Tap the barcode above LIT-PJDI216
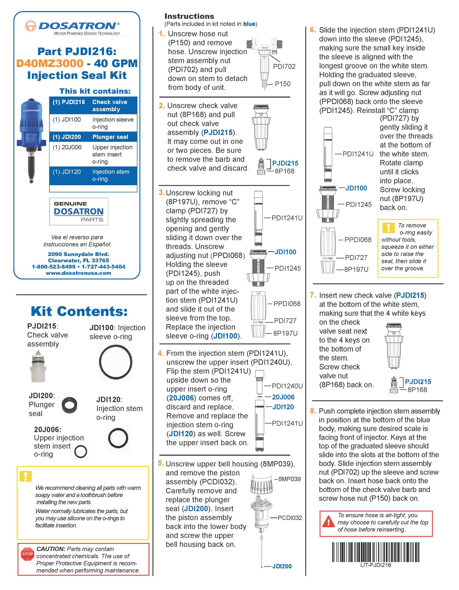click(376, 552)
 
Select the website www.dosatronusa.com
click(78, 273)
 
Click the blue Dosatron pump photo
click(32, 141)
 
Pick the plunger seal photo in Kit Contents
click(69, 405)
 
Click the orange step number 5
click(161, 463)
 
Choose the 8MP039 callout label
click(289, 479)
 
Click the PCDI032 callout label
click(290, 518)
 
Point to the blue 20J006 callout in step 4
click(283, 397)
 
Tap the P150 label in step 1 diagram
click(282, 84)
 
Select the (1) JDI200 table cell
click(67, 137)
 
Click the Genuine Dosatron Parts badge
click(79, 212)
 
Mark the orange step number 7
click(313, 295)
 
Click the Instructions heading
click(189, 16)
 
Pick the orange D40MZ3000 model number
click(50, 63)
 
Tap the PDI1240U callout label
click(287, 386)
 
